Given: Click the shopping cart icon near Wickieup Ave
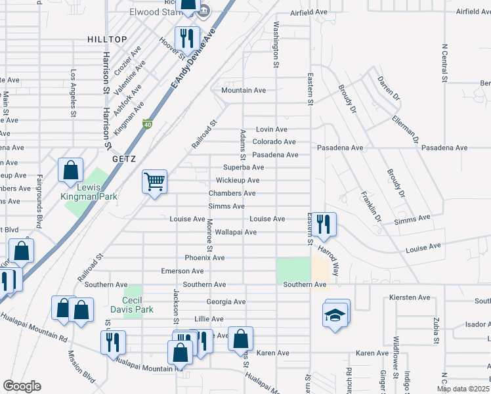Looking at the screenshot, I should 155,181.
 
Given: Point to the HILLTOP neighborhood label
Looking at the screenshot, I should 106,40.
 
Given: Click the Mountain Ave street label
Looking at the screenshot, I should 244,90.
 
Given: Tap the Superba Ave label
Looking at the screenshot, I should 243,167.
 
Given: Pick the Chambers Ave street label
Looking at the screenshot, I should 232,193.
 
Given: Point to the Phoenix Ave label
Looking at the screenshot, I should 204,257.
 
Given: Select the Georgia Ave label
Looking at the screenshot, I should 225,302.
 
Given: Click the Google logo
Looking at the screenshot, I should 22,386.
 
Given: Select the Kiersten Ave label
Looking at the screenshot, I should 410,297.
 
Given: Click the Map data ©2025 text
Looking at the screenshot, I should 463,389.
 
